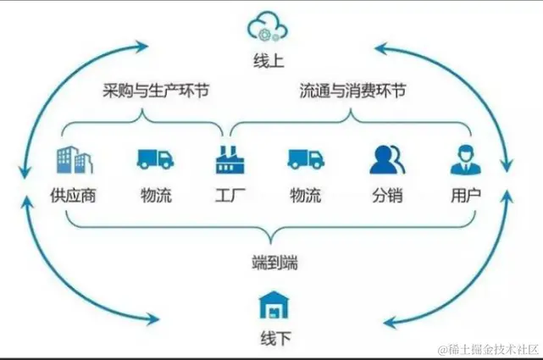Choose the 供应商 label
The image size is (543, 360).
(73, 197)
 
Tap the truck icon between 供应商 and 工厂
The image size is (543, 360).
(155, 159)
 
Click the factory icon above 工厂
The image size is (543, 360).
(227, 159)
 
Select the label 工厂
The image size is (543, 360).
(227, 197)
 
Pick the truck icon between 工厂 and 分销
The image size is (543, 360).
(305, 159)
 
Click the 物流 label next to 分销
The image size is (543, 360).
(305, 197)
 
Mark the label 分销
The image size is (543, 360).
(386, 197)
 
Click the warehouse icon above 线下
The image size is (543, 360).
(274, 305)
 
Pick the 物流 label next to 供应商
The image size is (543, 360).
(155, 197)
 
